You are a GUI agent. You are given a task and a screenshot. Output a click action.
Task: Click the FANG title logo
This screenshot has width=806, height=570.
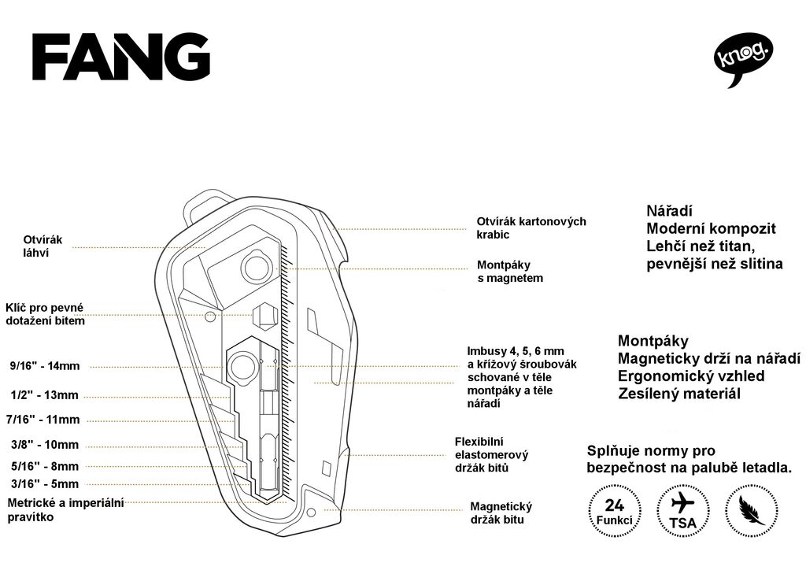(x=120, y=57)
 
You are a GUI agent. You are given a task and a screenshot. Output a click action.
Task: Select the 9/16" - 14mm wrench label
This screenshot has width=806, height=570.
(x=45, y=366)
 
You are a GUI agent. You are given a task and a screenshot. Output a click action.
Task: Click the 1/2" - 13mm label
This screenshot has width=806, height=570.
(x=45, y=395)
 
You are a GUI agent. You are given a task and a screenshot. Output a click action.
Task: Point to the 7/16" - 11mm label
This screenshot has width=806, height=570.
(x=43, y=420)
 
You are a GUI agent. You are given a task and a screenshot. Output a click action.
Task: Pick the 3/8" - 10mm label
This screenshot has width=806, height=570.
(x=45, y=445)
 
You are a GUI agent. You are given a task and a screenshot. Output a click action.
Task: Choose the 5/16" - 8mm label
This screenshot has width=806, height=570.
(x=45, y=467)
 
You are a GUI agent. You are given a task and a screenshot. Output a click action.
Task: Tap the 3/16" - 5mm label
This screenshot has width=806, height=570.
(x=45, y=483)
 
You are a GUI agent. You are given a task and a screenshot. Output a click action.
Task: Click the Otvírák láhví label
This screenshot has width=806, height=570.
(x=43, y=246)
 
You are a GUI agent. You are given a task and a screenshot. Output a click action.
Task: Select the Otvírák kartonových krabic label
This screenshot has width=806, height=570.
(x=531, y=228)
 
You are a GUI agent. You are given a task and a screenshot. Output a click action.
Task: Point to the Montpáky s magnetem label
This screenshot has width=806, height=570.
(x=510, y=272)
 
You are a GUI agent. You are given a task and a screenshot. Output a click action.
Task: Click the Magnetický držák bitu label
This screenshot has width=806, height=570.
(x=501, y=513)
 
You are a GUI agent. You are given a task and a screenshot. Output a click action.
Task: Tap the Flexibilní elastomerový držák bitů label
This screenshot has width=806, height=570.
(x=491, y=455)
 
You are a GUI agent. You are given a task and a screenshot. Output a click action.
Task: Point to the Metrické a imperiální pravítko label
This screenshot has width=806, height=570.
(x=66, y=509)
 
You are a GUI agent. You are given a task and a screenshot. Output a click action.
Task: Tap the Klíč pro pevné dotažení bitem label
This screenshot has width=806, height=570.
(x=45, y=314)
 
